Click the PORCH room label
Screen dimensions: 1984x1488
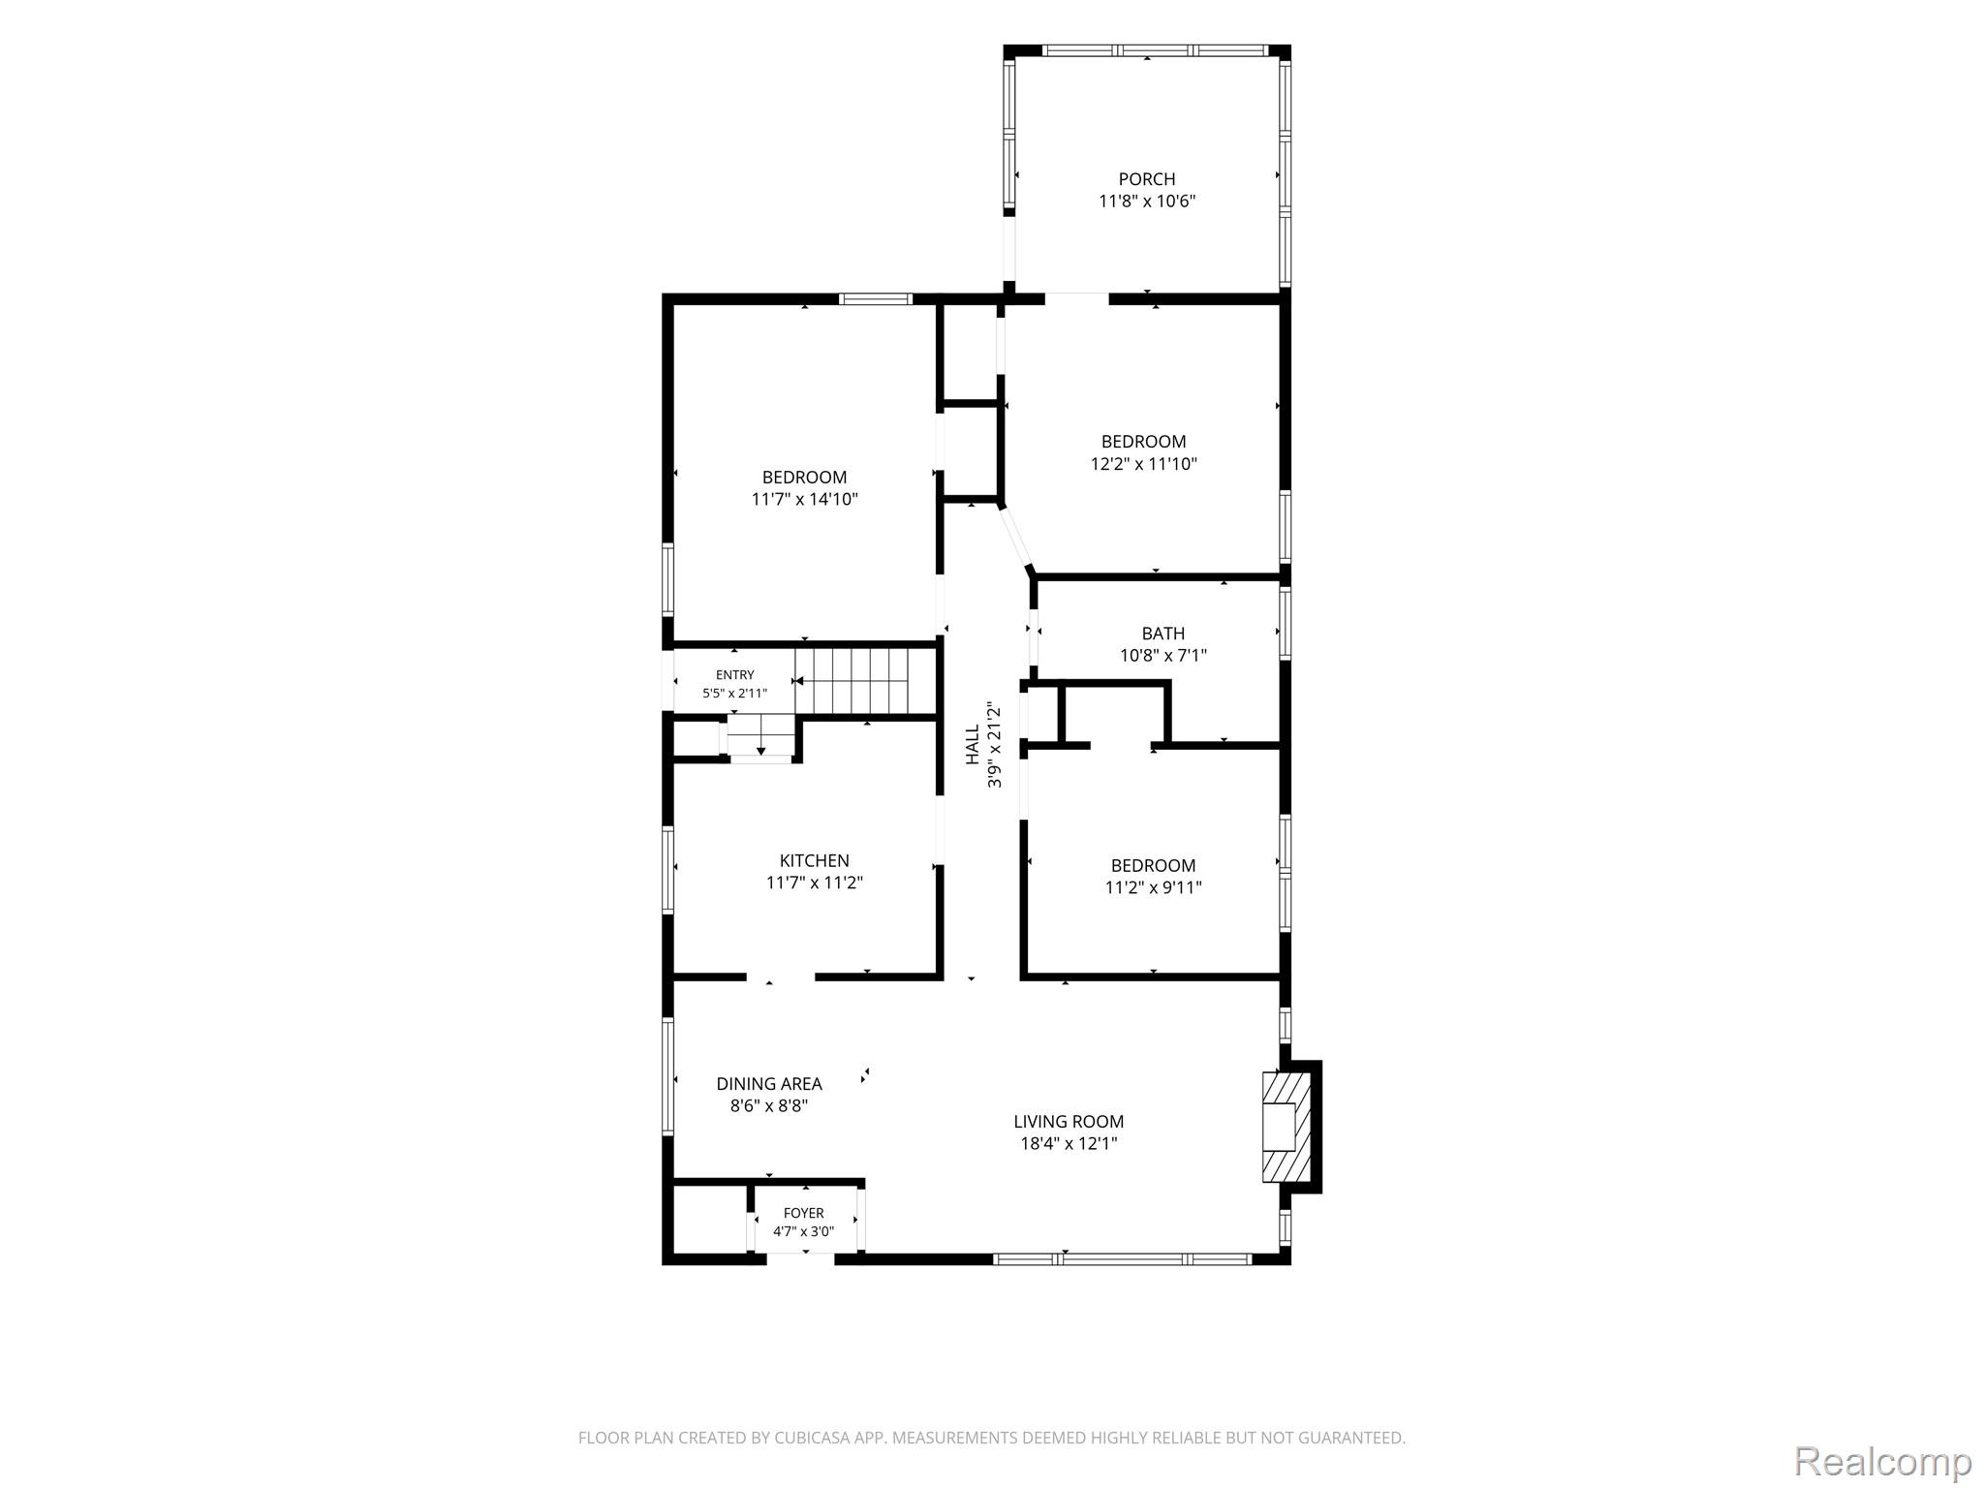point(1147,179)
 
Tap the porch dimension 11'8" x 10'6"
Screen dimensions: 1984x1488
point(1147,201)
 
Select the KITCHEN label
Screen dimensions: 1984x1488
point(814,860)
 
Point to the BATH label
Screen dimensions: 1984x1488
point(1162,634)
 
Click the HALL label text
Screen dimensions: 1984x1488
point(973,745)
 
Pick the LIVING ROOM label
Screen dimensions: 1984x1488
point(1069,1122)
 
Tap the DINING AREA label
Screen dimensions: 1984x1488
point(769,1084)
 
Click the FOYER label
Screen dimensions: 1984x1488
point(803,1213)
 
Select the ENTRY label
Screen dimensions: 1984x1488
point(734,675)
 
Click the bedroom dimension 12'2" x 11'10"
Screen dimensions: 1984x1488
point(1143,464)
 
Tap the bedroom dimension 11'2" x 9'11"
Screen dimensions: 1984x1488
point(1153,887)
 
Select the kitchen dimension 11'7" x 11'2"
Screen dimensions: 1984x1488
point(814,883)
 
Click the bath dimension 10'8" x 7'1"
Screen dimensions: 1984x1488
point(1162,656)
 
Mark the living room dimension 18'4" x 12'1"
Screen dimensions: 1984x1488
point(1069,1144)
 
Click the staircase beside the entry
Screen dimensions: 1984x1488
point(852,680)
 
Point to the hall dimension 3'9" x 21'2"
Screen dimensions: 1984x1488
point(994,745)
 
